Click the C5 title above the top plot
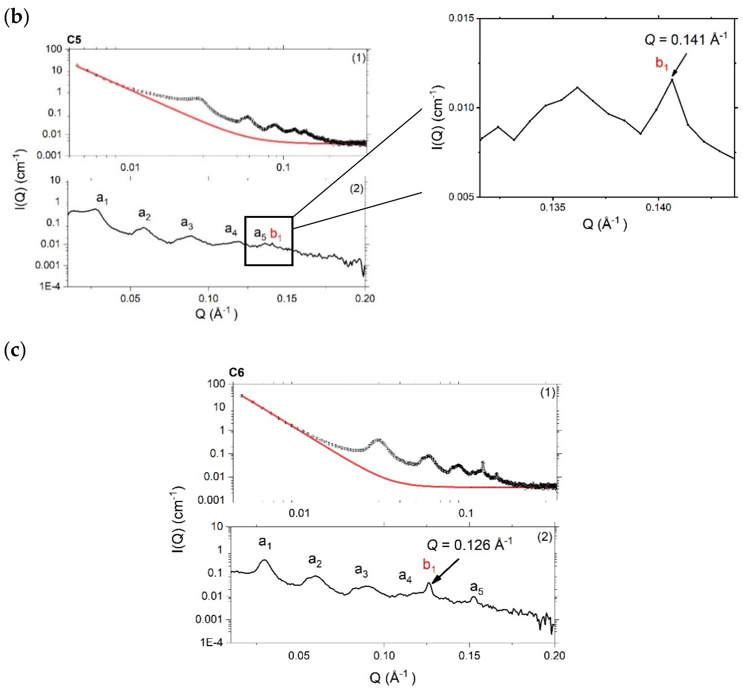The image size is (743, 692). click(74, 40)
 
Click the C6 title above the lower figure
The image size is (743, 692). click(236, 373)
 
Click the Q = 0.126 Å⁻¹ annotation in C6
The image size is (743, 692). click(469, 545)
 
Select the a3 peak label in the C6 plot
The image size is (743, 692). click(361, 570)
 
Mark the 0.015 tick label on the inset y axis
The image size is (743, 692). click(461, 18)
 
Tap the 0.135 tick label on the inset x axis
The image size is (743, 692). click(552, 208)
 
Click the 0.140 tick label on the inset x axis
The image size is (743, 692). click(658, 208)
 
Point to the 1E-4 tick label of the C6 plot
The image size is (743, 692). click(211, 642)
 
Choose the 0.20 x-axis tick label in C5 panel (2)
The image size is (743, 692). click(364, 298)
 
